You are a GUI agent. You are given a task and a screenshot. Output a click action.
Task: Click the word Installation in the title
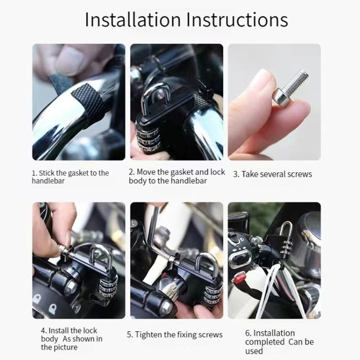[132, 20]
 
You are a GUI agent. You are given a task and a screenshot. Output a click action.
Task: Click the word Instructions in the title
[237, 20]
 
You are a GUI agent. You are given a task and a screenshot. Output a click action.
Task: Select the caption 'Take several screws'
[272, 174]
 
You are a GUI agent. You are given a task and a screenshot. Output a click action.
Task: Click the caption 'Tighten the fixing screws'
[175, 335]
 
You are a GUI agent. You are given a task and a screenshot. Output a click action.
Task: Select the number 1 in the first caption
[34, 173]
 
